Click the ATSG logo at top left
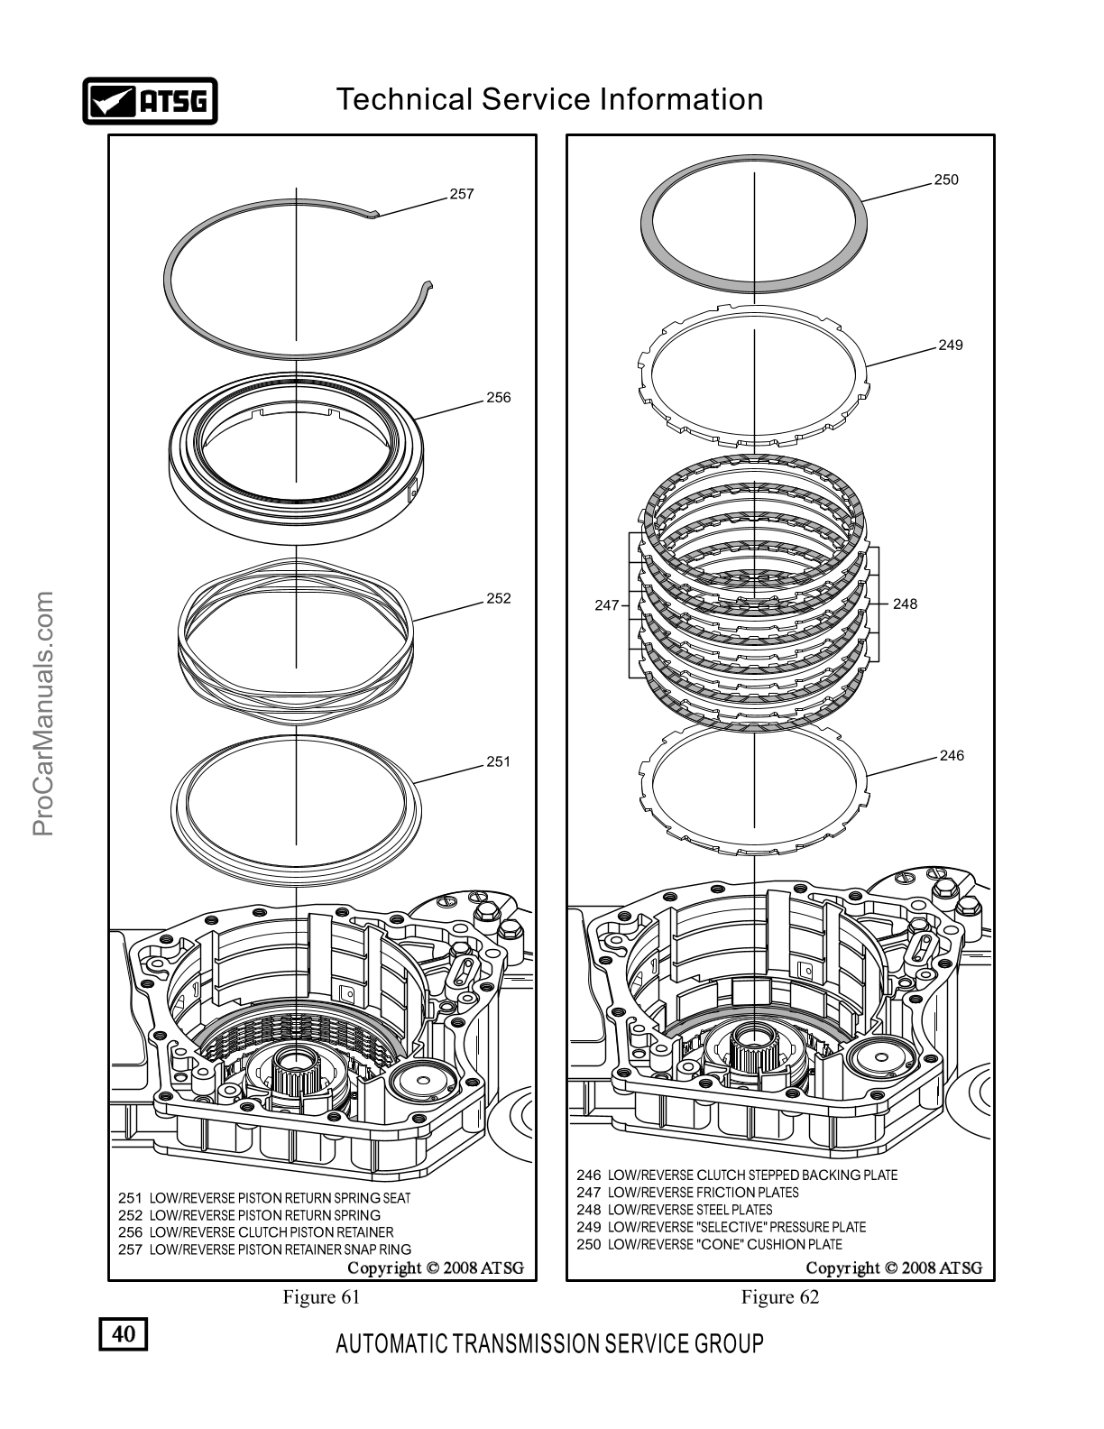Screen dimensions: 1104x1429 pyautogui.click(x=150, y=101)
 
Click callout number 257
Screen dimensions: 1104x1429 pyautogui.click(x=462, y=194)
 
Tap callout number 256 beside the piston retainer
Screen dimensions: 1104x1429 pyautogui.click(x=499, y=397)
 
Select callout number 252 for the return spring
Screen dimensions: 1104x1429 pyautogui.click(x=499, y=598)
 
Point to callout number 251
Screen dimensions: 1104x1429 pyautogui.click(x=499, y=761)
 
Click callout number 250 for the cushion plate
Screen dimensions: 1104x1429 pyautogui.click(x=946, y=180)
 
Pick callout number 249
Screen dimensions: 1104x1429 pyautogui.click(x=950, y=346)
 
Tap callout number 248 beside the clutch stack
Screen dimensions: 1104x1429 pyautogui.click(x=905, y=604)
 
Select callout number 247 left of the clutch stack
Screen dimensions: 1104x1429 pyautogui.click(x=607, y=605)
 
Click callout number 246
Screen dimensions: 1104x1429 pyautogui.click(x=952, y=756)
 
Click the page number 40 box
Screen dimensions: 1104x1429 pyautogui.click(x=124, y=1333)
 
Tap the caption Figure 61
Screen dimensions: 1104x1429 pyautogui.click(x=321, y=1296)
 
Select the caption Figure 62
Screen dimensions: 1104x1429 pyautogui.click(x=780, y=1296)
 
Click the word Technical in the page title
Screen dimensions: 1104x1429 pyautogui.click(x=405, y=99)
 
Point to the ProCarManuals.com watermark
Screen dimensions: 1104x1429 pyautogui.click(x=42, y=714)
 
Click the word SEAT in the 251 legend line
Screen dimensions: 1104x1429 pyautogui.click(x=397, y=1198)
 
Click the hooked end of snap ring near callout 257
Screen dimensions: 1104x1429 pyautogui.click(x=373, y=213)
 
